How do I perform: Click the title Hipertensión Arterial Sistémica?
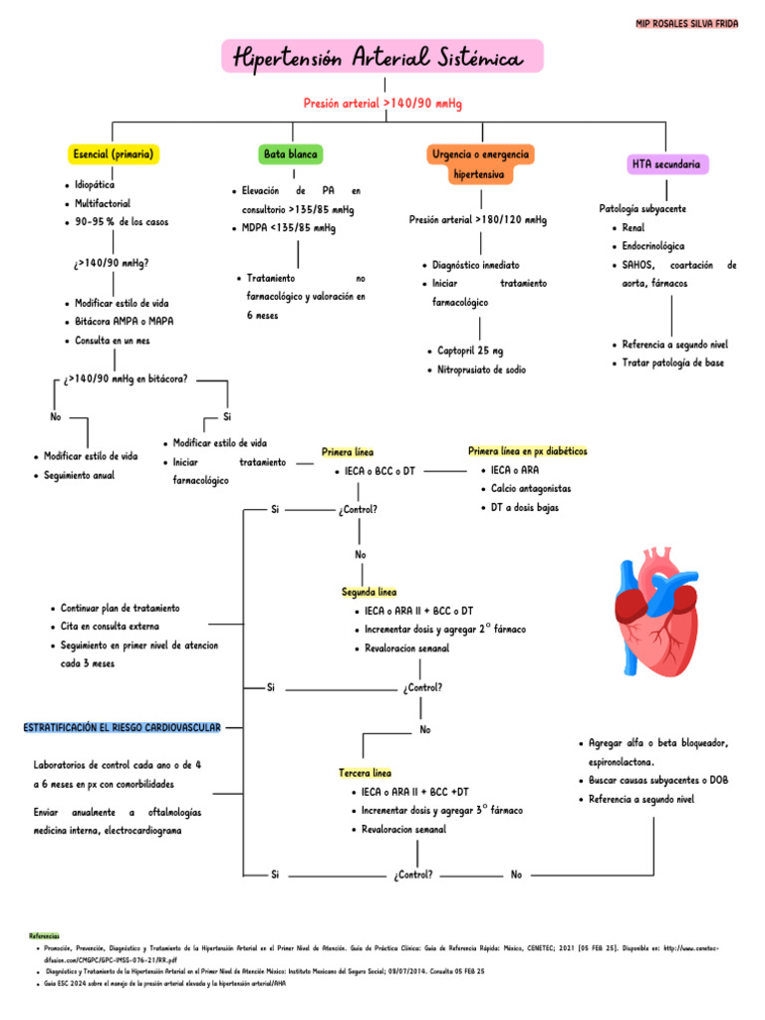pyautogui.click(x=382, y=58)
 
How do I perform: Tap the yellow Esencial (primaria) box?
pyautogui.click(x=112, y=154)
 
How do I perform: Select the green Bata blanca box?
pyautogui.click(x=291, y=154)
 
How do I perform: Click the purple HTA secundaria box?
pyautogui.click(x=665, y=163)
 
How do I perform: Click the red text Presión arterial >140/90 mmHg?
pyautogui.click(x=382, y=104)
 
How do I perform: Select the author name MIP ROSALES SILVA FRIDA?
pyautogui.click(x=686, y=23)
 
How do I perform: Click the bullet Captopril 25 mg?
pyautogui.click(x=470, y=351)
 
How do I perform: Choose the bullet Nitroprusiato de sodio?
pyautogui.click(x=481, y=370)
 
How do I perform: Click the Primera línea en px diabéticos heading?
pyautogui.click(x=527, y=451)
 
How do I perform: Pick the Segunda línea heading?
pyautogui.click(x=369, y=592)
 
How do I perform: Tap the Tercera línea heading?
pyautogui.click(x=366, y=773)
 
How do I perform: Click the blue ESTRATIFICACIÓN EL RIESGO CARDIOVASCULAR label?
pyautogui.click(x=122, y=728)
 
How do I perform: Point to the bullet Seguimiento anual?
pyautogui.click(x=79, y=475)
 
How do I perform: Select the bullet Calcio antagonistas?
pyautogui.click(x=531, y=488)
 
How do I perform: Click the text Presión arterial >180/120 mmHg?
pyautogui.click(x=477, y=219)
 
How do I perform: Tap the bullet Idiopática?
pyautogui.click(x=95, y=185)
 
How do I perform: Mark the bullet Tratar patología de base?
pyautogui.click(x=672, y=363)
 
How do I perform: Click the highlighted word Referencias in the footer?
pyautogui.click(x=44, y=936)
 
